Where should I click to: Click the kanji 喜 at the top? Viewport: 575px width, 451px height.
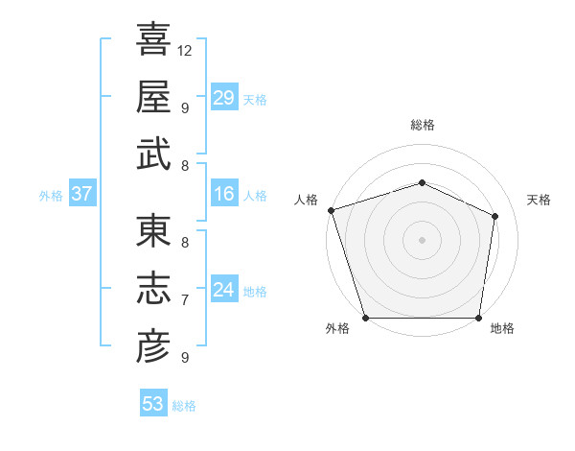pyautogui.click(x=153, y=40)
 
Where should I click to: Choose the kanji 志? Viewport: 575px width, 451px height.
pyautogui.click(x=153, y=289)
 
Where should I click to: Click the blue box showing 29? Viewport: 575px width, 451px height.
pyautogui.click(x=224, y=98)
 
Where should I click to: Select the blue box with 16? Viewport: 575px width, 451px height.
pyautogui.click(x=224, y=195)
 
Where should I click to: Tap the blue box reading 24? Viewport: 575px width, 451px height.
pyautogui.click(x=224, y=290)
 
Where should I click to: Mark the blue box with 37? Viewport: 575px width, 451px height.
pyautogui.click(x=82, y=195)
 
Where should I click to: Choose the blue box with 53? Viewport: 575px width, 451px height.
pyautogui.click(x=153, y=404)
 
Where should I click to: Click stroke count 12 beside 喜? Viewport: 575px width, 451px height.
pyautogui.click(x=186, y=50)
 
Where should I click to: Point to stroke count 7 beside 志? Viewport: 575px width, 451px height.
pyautogui.click(x=185, y=299)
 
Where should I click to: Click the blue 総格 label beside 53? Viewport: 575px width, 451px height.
pyautogui.click(x=184, y=406)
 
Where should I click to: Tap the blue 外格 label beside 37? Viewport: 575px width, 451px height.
pyautogui.click(x=51, y=196)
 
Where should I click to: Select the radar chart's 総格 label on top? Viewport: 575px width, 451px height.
pyautogui.click(x=422, y=125)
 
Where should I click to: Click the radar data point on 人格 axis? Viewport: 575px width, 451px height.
pyautogui.click(x=331, y=210)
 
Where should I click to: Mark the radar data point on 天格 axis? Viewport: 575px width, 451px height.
pyautogui.click(x=495, y=216)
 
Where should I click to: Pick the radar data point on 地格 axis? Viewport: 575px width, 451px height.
pyautogui.click(x=478, y=318)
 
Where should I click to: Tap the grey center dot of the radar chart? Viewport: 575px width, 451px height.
pyautogui.click(x=422, y=240)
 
